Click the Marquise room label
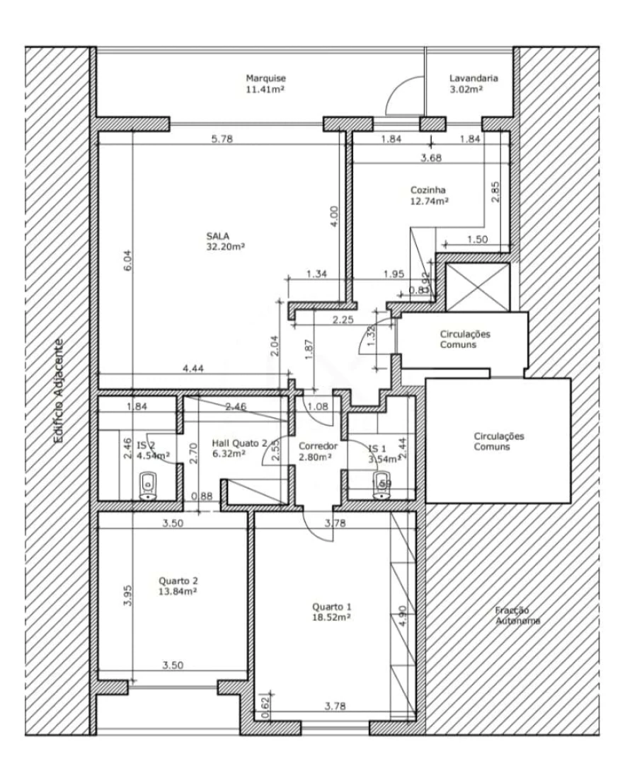click(265, 84)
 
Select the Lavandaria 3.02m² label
click(473, 84)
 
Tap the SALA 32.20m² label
click(226, 241)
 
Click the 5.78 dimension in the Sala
click(222, 139)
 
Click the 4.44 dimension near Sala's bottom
click(193, 368)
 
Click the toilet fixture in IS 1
click(381, 487)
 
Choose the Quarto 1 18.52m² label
click(331, 612)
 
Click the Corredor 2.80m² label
click(316, 452)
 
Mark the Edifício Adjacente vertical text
click(61, 390)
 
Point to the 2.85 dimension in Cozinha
click(495, 191)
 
